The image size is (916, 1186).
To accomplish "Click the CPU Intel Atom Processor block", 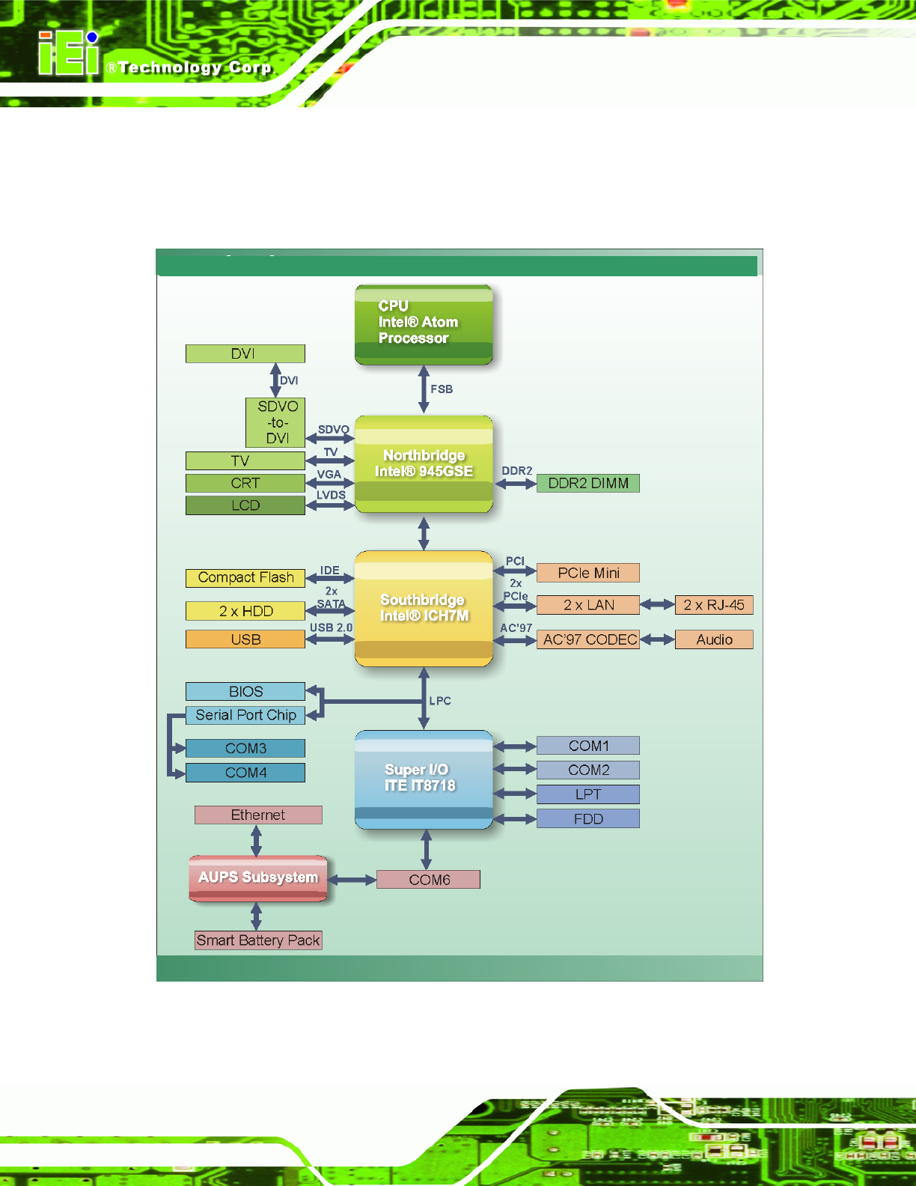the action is (x=424, y=325).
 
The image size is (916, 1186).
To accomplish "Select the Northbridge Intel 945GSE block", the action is (x=424, y=464).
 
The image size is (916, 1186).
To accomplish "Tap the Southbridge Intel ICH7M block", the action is (x=424, y=609).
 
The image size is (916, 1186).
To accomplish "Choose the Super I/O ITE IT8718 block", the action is (x=424, y=779).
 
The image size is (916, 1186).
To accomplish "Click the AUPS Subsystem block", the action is (x=258, y=878).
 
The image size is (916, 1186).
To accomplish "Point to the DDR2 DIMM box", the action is (x=588, y=483).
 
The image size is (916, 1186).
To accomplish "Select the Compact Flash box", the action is (x=245, y=577).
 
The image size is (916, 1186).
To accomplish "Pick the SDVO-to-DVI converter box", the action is (x=275, y=422).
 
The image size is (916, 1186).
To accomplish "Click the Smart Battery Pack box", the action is (x=258, y=940).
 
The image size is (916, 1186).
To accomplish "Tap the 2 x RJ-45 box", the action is (x=714, y=605).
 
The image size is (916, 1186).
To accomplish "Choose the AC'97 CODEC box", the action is (x=588, y=639).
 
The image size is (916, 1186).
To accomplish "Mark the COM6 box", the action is (x=428, y=879).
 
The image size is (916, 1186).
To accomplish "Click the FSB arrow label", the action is (x=442, y=389).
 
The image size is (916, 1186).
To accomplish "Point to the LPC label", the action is (x=440, y=700).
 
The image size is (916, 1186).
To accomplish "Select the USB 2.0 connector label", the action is (x=332, y=627).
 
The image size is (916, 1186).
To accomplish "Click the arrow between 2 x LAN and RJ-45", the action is (x=657, y=605).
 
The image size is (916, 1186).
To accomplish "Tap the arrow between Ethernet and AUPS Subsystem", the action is (x=256, y=841).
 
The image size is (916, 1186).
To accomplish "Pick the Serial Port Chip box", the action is (x=245, y=715).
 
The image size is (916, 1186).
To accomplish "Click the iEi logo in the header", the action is (x=69, y=53).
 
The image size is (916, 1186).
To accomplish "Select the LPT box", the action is (x=588, y=794).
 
